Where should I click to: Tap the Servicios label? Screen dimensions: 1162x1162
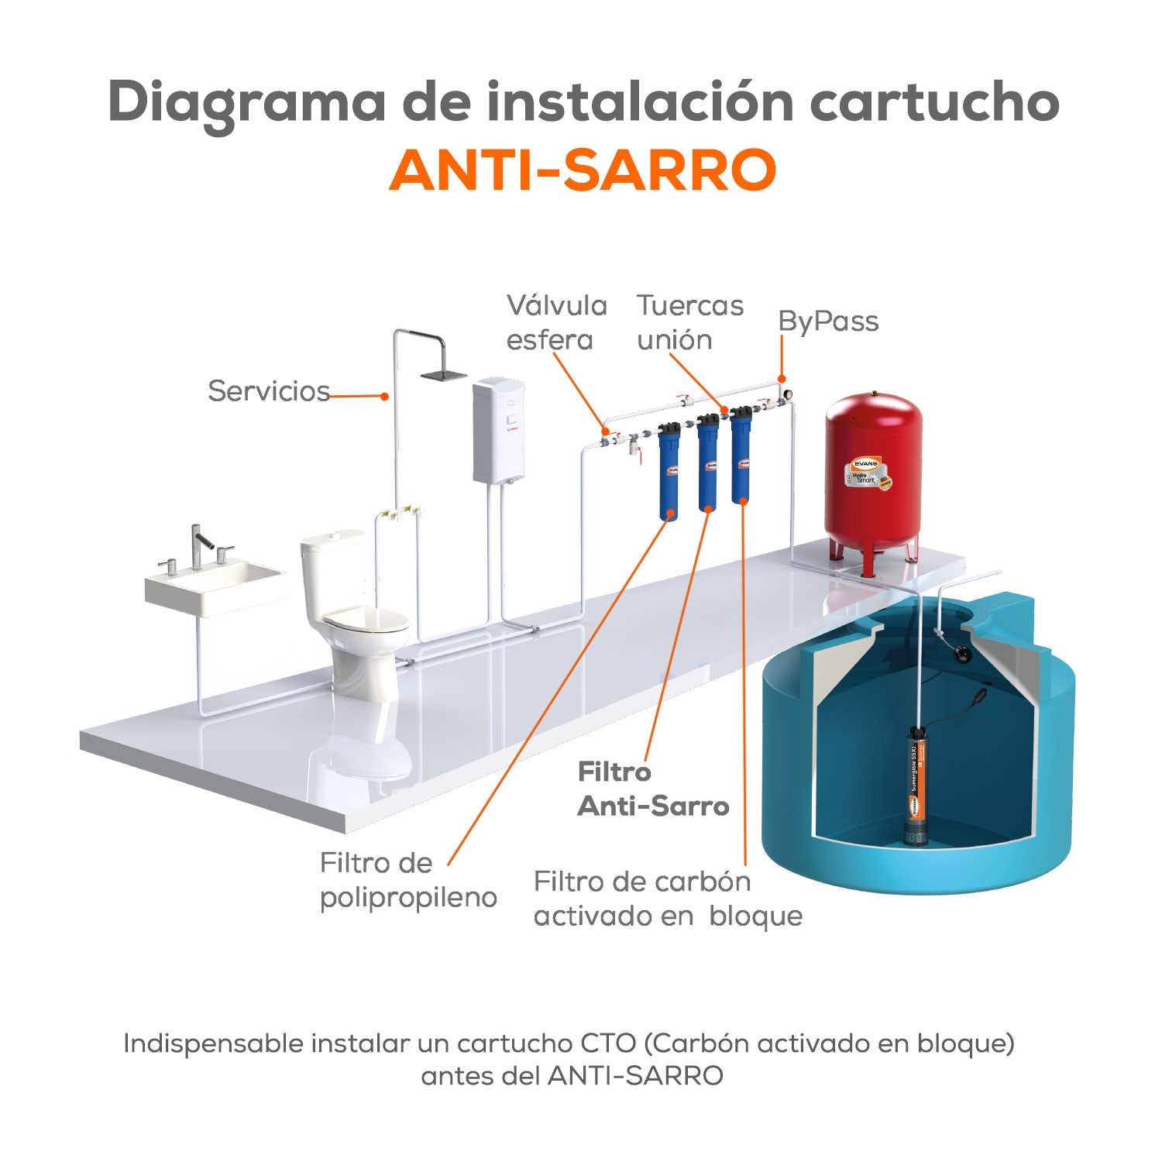pos(269,391)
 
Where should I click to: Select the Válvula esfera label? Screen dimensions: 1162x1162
pos(556,322)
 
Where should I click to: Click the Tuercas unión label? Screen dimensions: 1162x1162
pos(689,322)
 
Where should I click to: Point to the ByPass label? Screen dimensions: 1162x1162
pos(828,321)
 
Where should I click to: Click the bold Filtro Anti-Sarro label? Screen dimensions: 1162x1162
pos(653,789)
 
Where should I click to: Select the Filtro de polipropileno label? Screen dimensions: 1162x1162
pos(408,880)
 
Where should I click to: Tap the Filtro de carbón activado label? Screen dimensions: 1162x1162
pos(668,899)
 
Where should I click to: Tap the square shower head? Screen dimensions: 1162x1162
pos(443,375)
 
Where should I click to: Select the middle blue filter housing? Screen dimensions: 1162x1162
pos(707,465)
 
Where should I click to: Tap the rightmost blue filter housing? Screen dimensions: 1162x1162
pos(741,457)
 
